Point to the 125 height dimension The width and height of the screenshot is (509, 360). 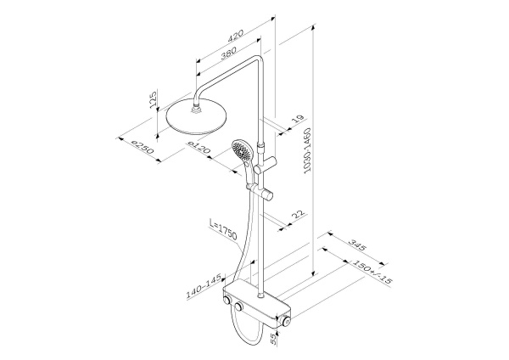coord(154,98)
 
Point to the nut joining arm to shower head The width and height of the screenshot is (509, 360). coord(199,107)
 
